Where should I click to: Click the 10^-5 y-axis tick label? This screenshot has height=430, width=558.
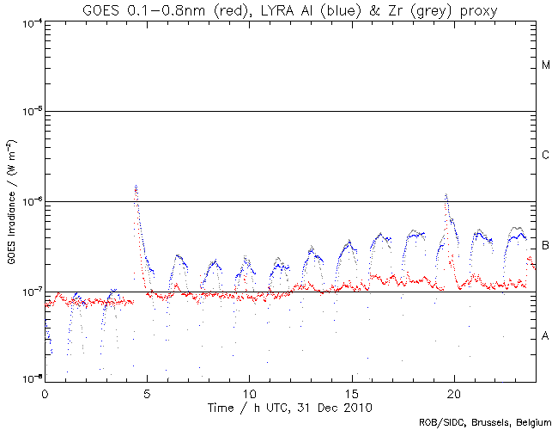[x=27, y=112]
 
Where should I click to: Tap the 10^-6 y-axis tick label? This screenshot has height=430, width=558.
[x=27, y=202]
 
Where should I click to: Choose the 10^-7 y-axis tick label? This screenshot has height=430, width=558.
[x=27, y=292]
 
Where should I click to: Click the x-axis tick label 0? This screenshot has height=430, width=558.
[x=45, y=392]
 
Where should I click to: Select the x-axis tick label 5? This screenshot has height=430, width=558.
[x=147, y=392]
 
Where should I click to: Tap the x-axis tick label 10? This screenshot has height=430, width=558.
[x=249, y=392]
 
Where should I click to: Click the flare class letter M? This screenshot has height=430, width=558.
[x=546, y=65]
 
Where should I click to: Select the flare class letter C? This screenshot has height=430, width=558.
[x=546, y=156]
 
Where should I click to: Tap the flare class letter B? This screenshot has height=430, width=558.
[x=546, y=247]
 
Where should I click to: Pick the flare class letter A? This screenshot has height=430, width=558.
[x=546, y=336]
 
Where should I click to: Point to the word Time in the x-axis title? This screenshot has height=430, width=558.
[x=225, y=405]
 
